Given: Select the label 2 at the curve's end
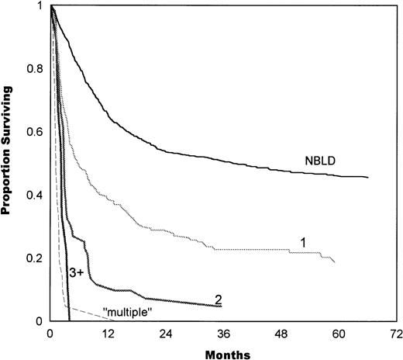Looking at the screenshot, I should click(x=219, y=299).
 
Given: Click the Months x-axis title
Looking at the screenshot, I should click(x=225, y=352).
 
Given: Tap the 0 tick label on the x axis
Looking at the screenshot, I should click(x=50, y=334).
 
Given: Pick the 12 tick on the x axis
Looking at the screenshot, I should click(x=108, y=334).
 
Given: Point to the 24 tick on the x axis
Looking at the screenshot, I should click(x=166, y=334).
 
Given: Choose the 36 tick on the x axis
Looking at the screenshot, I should click(x=223, y=334).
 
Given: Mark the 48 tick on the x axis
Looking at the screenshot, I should click(x=281, y=334).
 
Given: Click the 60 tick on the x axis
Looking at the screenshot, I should click(x=339, y=334).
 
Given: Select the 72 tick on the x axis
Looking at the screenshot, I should click(x=396, y=334).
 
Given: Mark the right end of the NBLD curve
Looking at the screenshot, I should click(x=367, y=178).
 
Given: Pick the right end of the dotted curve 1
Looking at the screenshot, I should click(x=335, y=263).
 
